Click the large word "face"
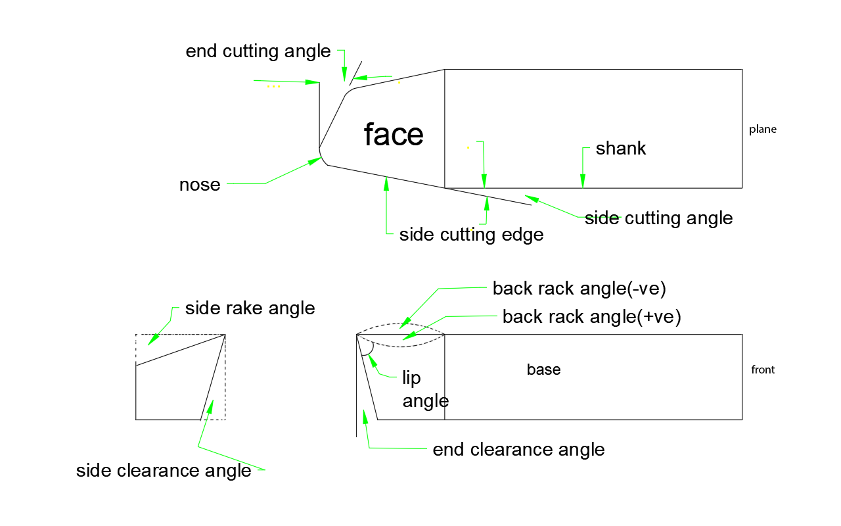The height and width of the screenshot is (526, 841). (x=394, y=135)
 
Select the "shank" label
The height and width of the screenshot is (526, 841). (x=621, y=149)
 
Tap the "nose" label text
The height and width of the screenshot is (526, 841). (x=200, y=185)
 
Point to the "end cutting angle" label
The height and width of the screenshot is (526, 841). (x=258, y=52)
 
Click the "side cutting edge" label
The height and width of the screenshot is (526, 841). (x=471, y=235)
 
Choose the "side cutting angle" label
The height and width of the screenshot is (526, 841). (x=659, y=218)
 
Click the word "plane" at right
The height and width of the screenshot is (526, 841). (x=763, y=130)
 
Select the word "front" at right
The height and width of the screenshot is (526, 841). (x=763, y=370)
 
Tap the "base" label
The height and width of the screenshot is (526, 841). (x=543, y=370)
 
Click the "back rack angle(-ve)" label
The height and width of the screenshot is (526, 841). (x=580, y=289)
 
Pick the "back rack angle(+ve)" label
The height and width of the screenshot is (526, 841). (x=591, y=317)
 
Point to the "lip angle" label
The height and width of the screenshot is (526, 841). (x=424, y=389)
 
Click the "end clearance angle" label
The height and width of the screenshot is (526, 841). (x=518, y=450)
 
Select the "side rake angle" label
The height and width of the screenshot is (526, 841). (x=250, y=308)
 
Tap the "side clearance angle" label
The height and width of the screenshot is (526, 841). (x=164, y=471)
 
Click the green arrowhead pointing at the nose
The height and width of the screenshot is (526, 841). (x=316, y=161)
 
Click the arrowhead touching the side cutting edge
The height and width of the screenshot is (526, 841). (x=386, y=183)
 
